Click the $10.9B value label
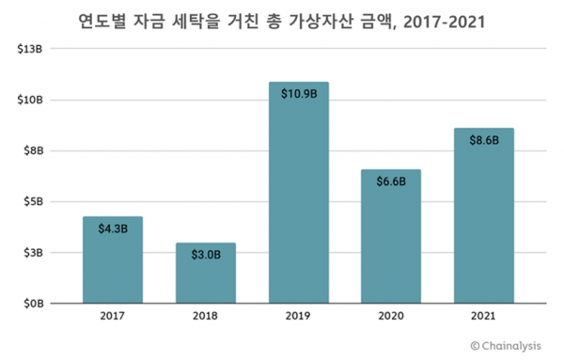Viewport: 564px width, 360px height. point(298,94)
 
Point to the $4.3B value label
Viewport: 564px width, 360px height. point(112,228)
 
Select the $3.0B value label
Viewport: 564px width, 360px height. point(205,255)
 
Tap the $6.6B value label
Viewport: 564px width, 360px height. point(390,180)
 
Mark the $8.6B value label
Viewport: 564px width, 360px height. point(483,139)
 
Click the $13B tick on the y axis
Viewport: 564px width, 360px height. point(31,48)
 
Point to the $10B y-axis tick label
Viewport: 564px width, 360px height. point(31,100)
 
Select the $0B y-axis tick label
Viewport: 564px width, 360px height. point(34,304)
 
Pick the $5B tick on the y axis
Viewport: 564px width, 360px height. point(34,201)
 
